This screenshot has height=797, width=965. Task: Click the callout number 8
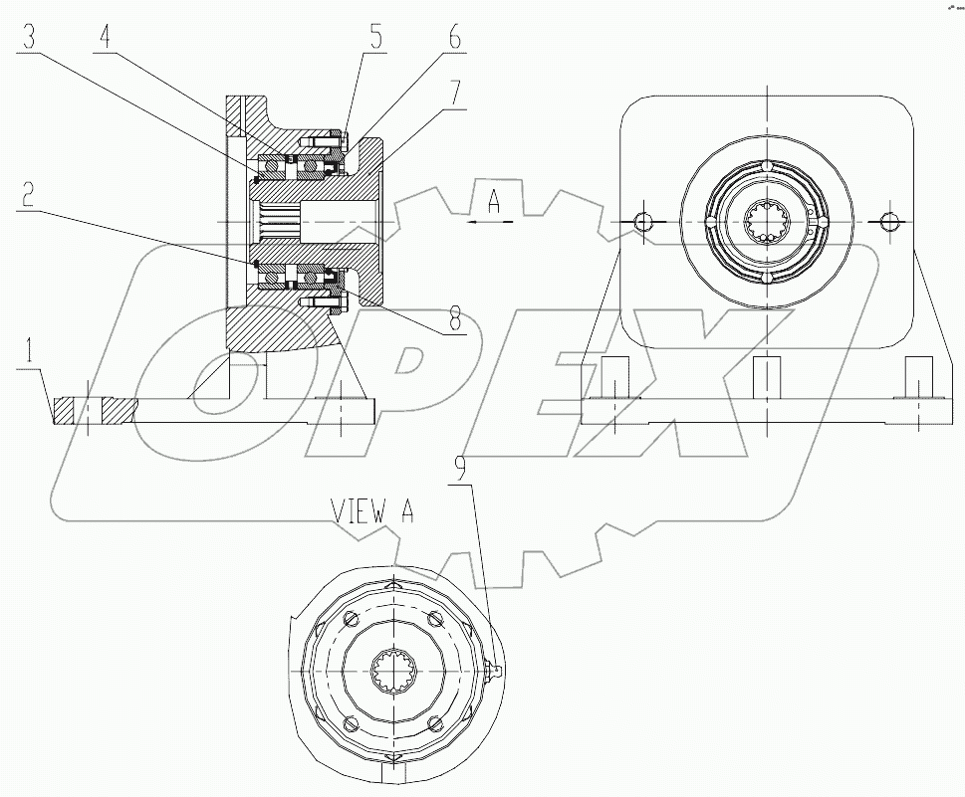[x=454, y=318]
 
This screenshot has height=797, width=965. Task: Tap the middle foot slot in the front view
[x=767, y=377]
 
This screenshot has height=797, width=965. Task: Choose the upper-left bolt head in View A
[x=348, y=620]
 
